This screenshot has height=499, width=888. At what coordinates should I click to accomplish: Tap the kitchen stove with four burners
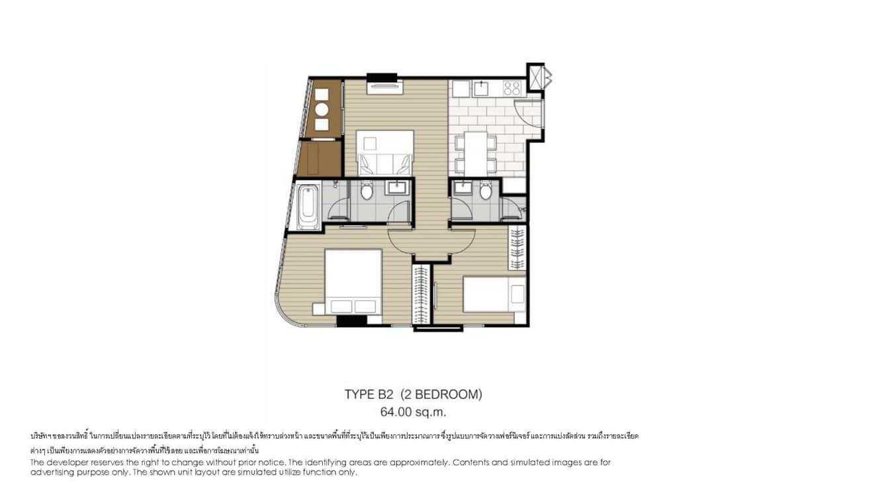512,88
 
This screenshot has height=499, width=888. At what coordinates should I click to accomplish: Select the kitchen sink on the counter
482,88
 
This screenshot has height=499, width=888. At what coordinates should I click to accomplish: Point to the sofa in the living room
385,161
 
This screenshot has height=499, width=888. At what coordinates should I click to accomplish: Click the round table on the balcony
322,111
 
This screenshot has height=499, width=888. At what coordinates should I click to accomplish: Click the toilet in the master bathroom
369,191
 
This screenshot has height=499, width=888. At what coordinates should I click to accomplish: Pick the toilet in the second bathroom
486,191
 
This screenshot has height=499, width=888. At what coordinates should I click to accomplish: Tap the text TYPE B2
369,395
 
